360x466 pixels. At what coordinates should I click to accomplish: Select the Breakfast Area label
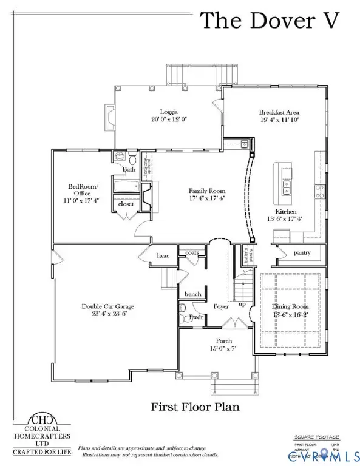(279, 112)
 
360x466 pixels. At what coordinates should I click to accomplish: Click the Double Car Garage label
(107, 307)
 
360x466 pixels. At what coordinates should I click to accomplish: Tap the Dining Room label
(290, 307)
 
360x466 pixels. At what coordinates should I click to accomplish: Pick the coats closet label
(192, 252)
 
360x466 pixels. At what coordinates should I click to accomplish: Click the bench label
(192, 294)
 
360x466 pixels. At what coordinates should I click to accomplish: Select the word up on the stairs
(242, 304)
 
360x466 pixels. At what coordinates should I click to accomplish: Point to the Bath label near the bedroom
(129, 169)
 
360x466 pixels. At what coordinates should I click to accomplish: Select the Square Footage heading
(315, 436)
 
